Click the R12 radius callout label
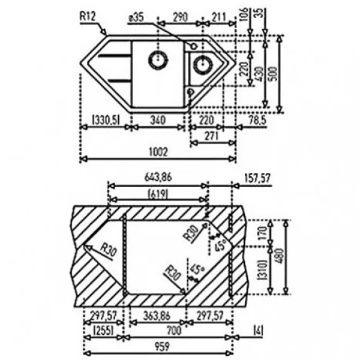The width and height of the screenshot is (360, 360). (87, 17)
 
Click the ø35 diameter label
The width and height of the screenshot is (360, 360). (136, 17)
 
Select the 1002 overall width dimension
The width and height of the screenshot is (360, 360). (158, 152)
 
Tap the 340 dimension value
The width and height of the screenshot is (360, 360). (158, 120)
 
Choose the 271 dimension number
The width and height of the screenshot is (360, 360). (211, 136)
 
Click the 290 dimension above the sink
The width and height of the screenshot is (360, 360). (180, 17)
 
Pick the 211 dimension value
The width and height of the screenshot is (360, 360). (219, 17)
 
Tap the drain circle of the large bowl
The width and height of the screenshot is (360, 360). (158, 60)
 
